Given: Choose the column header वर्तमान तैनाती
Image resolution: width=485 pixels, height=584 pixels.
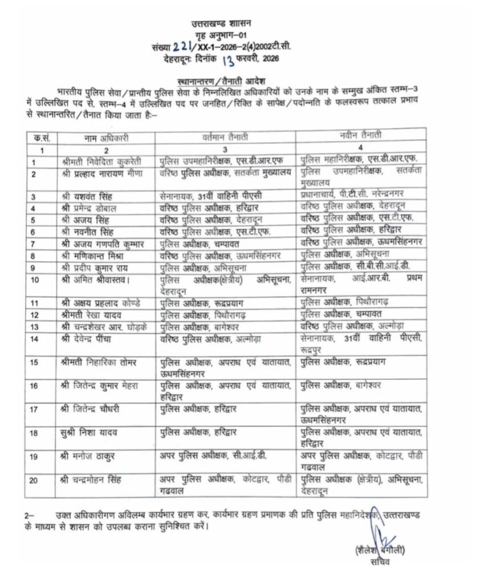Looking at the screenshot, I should (x=226, y=137).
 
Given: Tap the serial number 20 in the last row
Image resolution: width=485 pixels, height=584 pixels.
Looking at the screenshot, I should (x=34, y=480).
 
